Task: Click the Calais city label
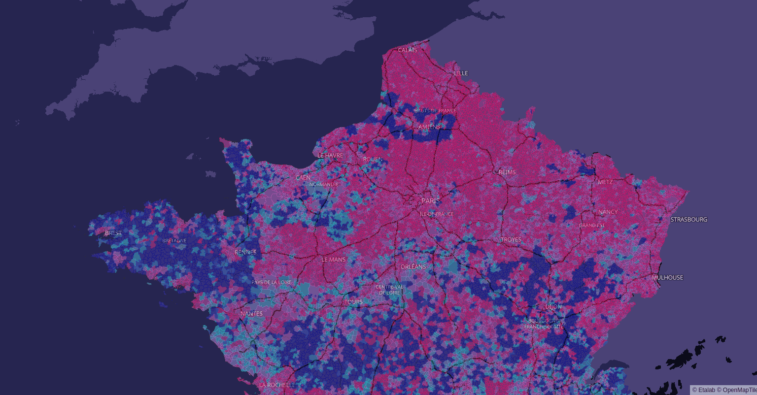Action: click(x=408, y=50)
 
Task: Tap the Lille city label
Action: click(x=461, y=73)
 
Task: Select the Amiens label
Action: click(x=429, y=127)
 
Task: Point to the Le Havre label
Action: click(x=330, y=155)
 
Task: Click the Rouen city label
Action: click(x=373, y=159)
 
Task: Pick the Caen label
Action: click(x=303, y=178)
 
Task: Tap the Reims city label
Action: click(x=507, y=172)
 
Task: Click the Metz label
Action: click(x=605, y=182)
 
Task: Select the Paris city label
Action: click(x=430, y=201)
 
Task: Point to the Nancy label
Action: click(x=608, y=212)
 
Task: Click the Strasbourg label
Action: click(x=688, y=220)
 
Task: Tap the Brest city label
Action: click(x=113, y=233)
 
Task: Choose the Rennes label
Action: click(x=245, y=253)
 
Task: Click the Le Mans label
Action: click(x=334, y=260)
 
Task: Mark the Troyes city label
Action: click(x=511, y=240)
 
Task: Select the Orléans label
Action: click(x=413, y=267)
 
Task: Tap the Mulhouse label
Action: click(x=667, y=278)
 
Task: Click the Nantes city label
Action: click(x=251, y=314)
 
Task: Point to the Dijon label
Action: click(x=553, y=307)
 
